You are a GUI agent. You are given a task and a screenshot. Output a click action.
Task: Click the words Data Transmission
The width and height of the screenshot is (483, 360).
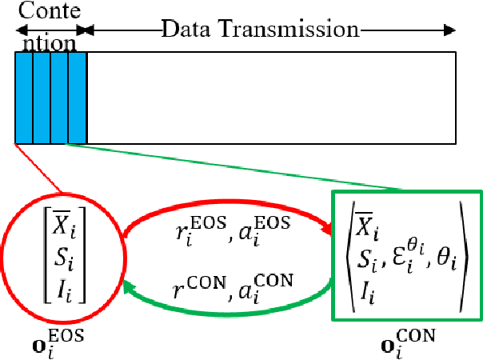pyautogui.click(x=260, y=30)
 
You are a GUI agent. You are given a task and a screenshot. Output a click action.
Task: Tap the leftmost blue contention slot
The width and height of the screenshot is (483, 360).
pyautogui.click(x=24, y=97)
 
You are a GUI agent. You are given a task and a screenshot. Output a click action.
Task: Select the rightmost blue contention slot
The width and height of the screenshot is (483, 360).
pyautogui.click(x=78, y=97)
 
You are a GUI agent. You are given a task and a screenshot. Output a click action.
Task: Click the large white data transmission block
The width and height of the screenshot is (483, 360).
pyautogui.click(x=271, y=97)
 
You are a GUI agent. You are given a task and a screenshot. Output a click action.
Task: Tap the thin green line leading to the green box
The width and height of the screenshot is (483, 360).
pyautogui.click(x=240, y=169)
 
